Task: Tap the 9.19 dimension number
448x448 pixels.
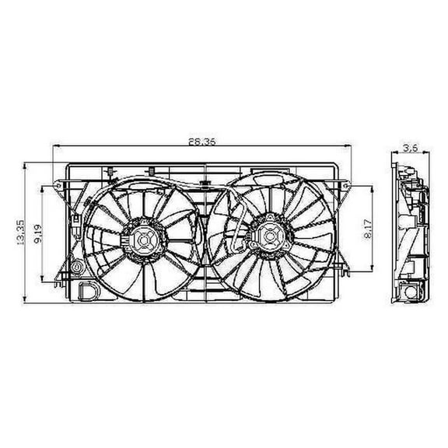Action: (x=38, y=233)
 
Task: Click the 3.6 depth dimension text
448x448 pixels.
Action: (x=408, y=145)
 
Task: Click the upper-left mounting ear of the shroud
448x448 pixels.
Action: (x=61, y=184)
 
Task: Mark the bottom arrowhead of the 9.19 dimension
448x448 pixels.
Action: (x=44, y=282)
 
